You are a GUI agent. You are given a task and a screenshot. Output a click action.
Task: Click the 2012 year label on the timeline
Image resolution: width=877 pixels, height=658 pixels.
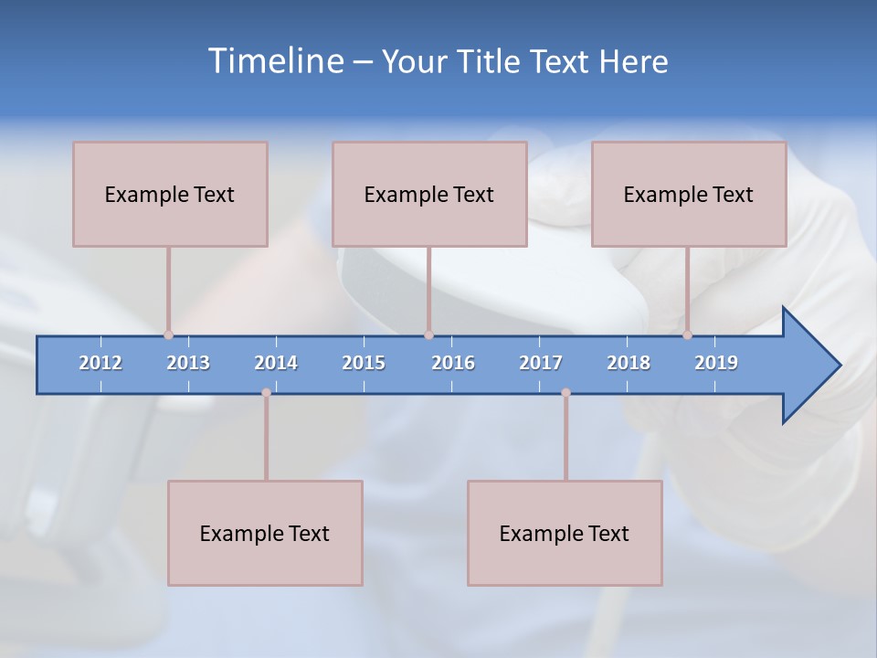tap(100, 363)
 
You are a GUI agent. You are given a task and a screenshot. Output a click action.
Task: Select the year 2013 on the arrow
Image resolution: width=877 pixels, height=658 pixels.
tap(188, 363)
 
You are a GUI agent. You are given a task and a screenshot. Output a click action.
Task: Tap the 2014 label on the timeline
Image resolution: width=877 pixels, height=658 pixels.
tap(276, 363)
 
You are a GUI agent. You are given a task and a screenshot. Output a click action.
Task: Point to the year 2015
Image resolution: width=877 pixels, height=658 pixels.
tap(364, 363)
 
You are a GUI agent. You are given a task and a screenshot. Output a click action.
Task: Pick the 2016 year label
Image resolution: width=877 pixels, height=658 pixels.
tap(453, 363)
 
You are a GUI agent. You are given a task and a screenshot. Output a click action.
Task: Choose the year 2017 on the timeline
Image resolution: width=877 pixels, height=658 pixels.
tap(541, 363)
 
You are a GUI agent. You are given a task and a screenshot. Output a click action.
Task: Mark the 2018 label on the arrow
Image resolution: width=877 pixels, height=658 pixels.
tap(629, 363)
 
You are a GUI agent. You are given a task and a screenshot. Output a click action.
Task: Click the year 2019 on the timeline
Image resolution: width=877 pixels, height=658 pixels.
tap(716, 363)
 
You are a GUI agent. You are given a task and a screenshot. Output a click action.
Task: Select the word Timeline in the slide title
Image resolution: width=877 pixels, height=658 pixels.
tap(275, 61)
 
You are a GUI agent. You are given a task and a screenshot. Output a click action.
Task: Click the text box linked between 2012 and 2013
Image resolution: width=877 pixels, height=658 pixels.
tap(170, 194)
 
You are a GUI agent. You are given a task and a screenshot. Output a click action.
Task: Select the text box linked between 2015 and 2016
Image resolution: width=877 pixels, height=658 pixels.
tap(429, 194)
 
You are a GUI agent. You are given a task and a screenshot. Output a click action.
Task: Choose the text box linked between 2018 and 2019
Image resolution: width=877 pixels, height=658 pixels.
tap(689, 194)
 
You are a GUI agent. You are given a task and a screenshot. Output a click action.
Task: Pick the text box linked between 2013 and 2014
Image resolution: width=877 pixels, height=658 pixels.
tap(265, 533)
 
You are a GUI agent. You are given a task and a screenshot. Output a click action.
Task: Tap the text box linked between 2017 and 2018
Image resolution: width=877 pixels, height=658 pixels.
tap(565, 533)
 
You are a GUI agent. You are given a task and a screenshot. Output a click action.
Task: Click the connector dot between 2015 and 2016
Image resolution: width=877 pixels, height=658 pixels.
tap(428, 334)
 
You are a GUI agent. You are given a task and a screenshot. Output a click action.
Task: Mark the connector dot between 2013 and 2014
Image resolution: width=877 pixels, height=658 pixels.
tap(266, 392)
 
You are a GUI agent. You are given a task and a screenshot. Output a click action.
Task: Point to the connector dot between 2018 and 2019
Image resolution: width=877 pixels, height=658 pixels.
tap(687, 334)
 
